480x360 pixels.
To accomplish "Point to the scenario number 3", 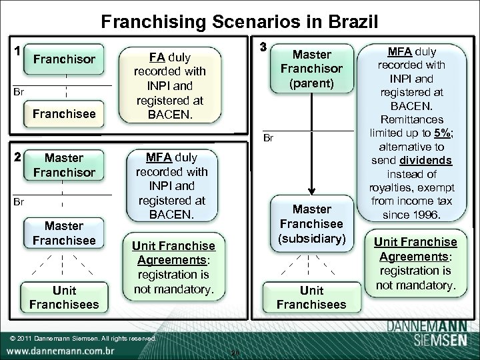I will [x=263, y=48].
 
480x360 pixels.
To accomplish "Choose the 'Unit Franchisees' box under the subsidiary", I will [x=311, y=297].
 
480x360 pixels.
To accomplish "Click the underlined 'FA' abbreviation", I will [x=157, y=57].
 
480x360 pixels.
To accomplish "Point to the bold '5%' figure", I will [x=443, y=131].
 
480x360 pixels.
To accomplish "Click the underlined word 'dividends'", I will [x=427, y=161].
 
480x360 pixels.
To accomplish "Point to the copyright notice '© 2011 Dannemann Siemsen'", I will [x=83, y=338].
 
